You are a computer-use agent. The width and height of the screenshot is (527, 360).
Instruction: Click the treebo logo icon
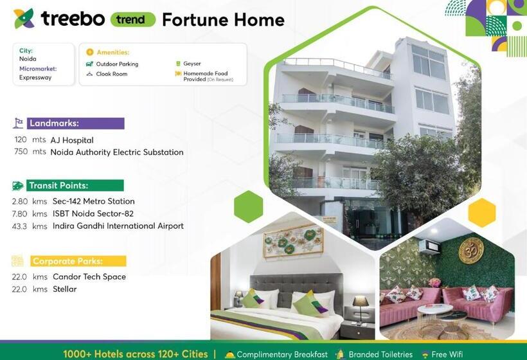point(24,19)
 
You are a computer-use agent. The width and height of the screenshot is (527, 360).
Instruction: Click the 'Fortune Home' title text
point(223,20)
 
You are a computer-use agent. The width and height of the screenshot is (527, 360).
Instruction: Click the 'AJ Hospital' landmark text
point(72,140)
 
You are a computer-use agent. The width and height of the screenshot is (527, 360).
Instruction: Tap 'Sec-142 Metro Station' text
point(94,201)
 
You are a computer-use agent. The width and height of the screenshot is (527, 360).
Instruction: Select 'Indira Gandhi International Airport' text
point(118,226)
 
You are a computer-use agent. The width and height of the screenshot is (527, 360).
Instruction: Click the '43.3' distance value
point(21,226)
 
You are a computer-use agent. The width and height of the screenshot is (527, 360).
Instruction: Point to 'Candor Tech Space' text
point(89,276)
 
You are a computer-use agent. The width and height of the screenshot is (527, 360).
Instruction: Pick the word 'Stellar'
point(64,289)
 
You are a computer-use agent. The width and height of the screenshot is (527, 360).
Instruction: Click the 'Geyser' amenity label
point(192,64)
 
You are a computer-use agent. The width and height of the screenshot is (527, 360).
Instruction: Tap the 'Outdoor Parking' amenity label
point(117,64)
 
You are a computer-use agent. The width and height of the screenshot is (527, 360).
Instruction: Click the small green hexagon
point(249,206)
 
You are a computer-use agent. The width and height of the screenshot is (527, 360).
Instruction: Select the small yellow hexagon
point(481,213)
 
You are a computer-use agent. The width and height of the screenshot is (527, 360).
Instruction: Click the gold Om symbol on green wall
point(470,251)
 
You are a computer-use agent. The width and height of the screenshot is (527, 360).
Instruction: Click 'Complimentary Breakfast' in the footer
point(282,354)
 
